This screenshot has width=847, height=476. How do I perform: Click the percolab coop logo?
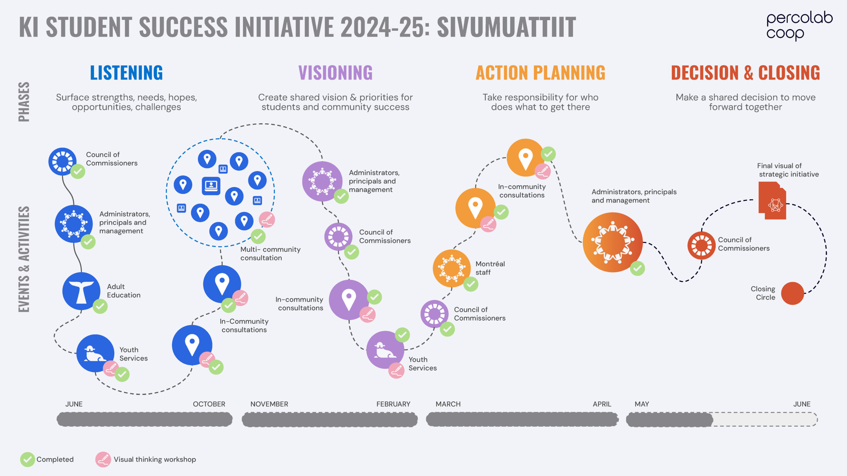(799, 26)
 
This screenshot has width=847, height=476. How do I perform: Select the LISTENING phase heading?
(126, 73)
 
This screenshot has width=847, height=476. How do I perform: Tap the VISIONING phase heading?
(335, 73)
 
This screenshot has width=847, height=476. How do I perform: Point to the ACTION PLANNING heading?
(541, 73)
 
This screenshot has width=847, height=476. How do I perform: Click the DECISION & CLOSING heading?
(745, 73)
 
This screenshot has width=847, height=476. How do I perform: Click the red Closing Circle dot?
(792, 293)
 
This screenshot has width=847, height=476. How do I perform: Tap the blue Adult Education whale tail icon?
(81, 291)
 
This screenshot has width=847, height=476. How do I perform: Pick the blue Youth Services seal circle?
(95, 353)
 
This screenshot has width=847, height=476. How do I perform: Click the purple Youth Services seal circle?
(385, 350)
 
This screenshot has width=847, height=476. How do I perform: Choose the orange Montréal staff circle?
(452, 268)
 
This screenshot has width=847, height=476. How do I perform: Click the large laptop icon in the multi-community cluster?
(211, 186)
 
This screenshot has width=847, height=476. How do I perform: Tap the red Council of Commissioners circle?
(701, 245)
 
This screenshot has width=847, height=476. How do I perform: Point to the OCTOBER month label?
(209, 404)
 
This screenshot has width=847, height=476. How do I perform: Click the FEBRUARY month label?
(393, 404)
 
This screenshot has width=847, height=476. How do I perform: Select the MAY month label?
(642, 404)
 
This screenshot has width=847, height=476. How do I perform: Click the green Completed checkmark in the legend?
(27, 459)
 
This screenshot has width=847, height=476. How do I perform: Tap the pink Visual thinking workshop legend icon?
(103, 459)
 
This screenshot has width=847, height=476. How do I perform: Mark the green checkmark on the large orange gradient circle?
(637, 268)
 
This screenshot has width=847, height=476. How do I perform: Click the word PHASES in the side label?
(24, 102)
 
